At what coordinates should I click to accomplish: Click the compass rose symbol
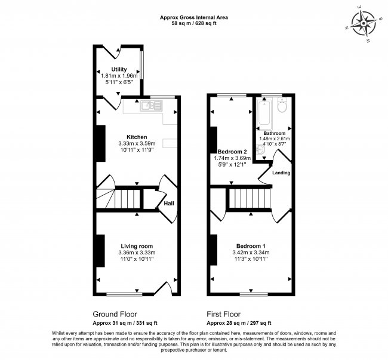pyautogui.click(x=364, y=24)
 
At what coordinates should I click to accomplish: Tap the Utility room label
pyautogui.click(x=119, y=69)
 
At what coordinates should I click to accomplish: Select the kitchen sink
pyautogui.click(x=151, y=106)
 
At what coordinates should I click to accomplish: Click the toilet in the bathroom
pyautogui.click(x=282, y=105)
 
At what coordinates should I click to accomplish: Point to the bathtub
pyautogui.click(x=264, y=113)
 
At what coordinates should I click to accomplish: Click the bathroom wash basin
pyautogui.click(x=261, y=150)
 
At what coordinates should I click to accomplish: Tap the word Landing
pyautogui.click(x=281, y=173)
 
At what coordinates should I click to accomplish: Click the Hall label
pyautogui.click(x=169, y=204)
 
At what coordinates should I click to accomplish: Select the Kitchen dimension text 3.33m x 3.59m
pyautogui.click(x=137, y=143)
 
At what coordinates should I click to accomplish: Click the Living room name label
pyautogui.click(x=137, y=246)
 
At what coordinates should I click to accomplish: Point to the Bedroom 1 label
pyautogui.click(x=251, y=246)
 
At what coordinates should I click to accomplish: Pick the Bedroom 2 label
pyautogui.click(x=232, y=152)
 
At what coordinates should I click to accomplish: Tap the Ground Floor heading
pyautogui.click(x=115, y=314)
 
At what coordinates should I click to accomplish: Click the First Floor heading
pyautogui.click(x=224, y=314)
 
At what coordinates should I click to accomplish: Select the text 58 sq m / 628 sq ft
pyautogui.click(x=194, y=24)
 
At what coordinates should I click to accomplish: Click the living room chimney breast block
pyautogui.click(x=100, y=251)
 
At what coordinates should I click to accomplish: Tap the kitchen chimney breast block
pyautogui.click(x=100, y=143)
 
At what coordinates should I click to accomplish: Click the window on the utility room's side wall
pyautogui.click(x=141, y=65)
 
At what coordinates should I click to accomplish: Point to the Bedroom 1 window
pyautogui.click(x=254, y=294)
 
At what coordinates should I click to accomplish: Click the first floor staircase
pyautogui.click(x=250, y=199)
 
